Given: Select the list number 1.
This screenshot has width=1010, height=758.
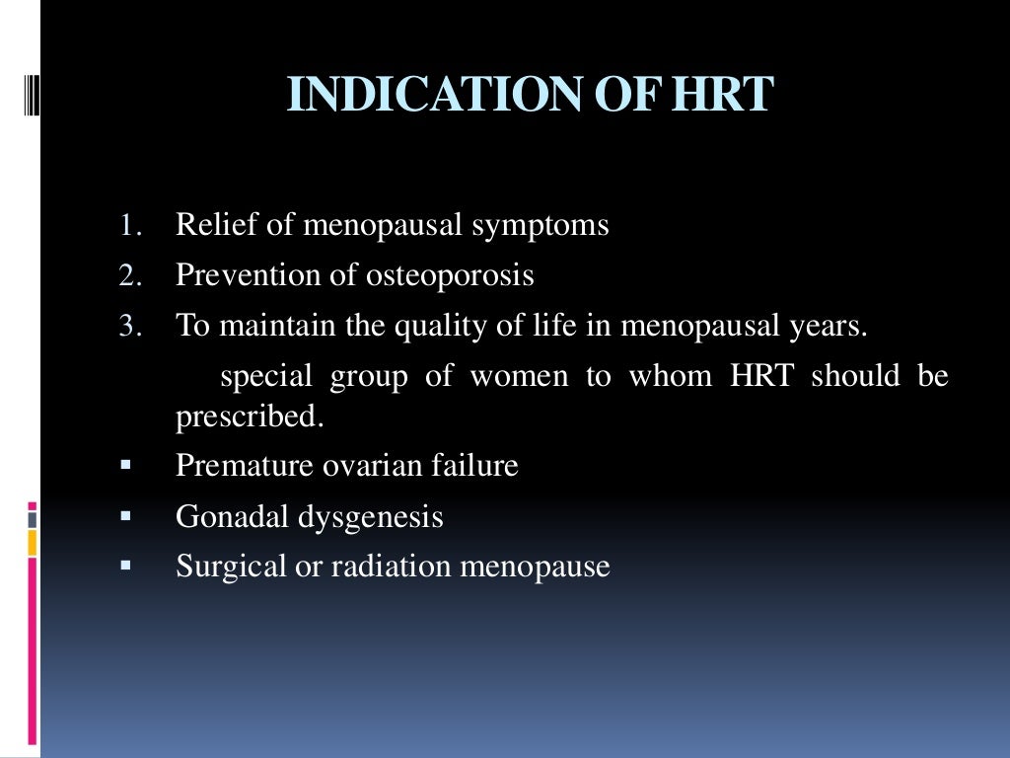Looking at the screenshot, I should (x=130, y=226).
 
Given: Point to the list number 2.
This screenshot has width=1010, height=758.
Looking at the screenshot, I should (x=130, y=276).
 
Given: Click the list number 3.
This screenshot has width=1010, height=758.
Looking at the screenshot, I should (x=130, y=327).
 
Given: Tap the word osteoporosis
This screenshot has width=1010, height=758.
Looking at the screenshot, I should (x=450, y=276).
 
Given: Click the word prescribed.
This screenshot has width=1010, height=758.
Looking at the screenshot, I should (x=250, y=417).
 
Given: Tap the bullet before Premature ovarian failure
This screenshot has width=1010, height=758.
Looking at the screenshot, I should (x=125, y=465).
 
